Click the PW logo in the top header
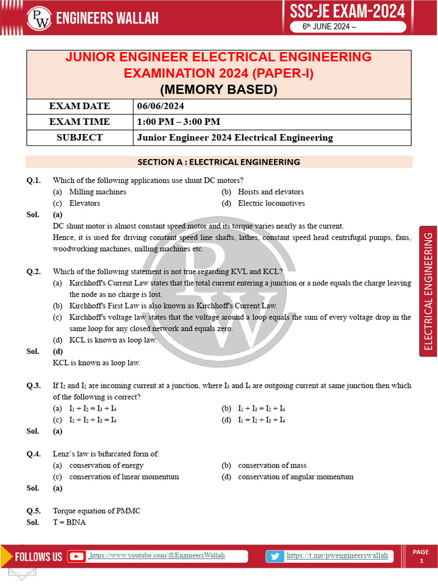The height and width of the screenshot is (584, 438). (x=39, y=19)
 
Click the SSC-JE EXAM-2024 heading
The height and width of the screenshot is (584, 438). (x=347, y=11)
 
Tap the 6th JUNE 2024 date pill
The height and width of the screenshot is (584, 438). (x=348, y=28)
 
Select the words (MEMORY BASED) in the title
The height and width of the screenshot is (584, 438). (x=218, y=90)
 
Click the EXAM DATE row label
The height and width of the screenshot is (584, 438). (x=79, y=106)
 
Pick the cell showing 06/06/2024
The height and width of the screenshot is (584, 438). (x=161, y=106)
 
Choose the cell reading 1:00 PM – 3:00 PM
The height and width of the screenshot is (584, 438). (x=179, y=121)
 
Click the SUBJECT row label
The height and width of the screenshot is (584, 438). (x=79, y=137)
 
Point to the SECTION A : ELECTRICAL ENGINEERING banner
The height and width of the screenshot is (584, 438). (x=219, y=162)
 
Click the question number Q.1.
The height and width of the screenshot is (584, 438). (x=34, y=180)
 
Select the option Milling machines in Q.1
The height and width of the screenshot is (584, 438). (x=98, y=192)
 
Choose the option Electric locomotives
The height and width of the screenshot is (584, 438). (x=271, y=203)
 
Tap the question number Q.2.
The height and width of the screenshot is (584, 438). (x=34, y=271)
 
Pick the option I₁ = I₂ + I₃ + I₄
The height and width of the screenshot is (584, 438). (x=261, y=420)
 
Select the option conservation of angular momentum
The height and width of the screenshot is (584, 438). (x=295, y=477)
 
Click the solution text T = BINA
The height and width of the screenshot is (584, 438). (x=69, y=522)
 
